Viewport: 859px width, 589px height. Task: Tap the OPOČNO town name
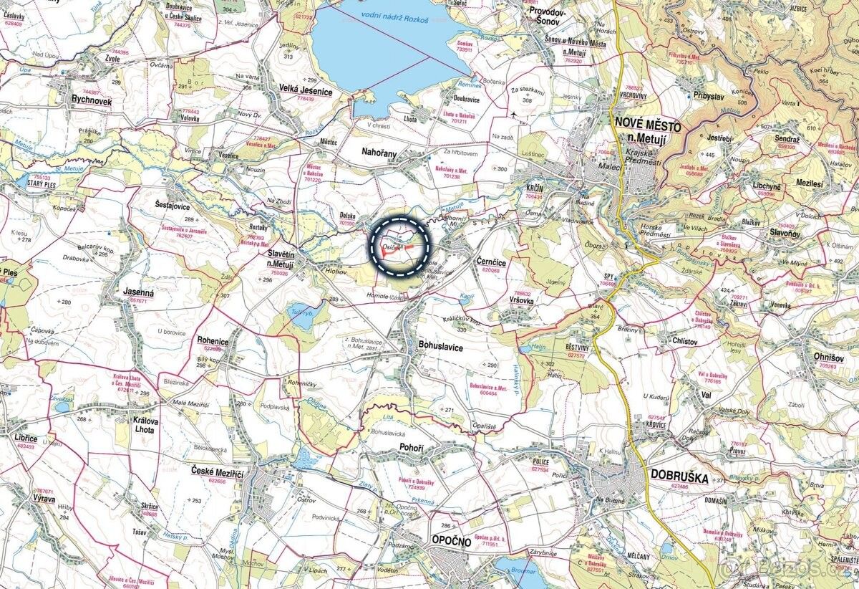coord(451,541)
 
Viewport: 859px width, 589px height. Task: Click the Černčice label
coord(491,263)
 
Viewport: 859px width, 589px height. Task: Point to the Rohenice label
coord(213,342)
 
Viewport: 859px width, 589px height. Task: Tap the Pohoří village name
coord(412,448)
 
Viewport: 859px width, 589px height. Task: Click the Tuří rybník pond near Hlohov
coord(301,316)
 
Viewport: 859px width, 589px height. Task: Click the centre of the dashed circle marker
coord(402,246)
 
